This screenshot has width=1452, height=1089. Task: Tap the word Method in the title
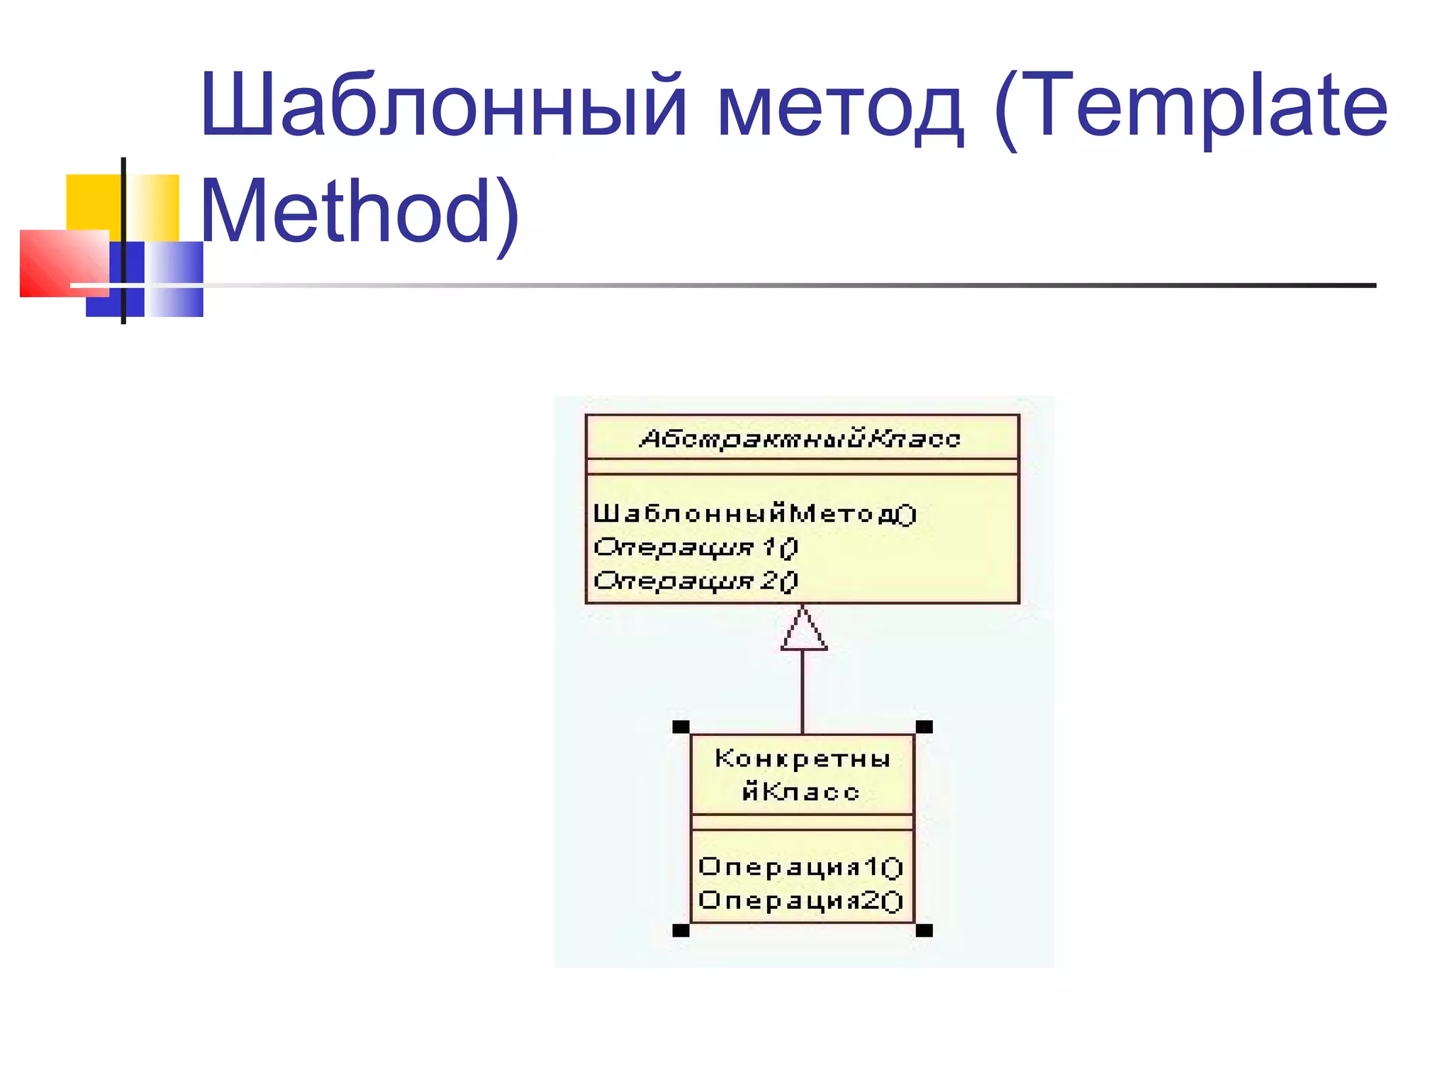click(347, 211)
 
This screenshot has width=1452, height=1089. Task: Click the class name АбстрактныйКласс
click(800, 439)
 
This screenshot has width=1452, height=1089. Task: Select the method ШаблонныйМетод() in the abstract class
click(754, 513)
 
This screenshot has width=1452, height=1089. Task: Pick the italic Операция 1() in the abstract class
click(696, 547)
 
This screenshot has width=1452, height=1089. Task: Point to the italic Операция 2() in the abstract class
click(696, 581)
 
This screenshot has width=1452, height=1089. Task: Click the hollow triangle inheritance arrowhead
click(803, 631)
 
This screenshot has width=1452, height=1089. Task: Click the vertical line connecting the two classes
click(803, 691)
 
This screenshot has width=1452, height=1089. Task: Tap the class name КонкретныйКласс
click(802, 775)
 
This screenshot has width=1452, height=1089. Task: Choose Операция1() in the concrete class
click(800, 867)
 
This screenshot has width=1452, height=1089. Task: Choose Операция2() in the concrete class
click(800, 900)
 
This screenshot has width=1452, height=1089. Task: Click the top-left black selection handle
click(681, 727)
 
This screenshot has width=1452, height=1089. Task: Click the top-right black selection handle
click(925, 727)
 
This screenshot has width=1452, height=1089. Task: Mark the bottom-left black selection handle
click(681, 930)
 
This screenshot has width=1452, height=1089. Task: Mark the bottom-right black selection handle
click(925, 930)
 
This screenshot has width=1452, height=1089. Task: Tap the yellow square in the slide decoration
click(92, 202)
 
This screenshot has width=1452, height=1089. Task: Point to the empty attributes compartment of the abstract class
click(802, 467)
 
